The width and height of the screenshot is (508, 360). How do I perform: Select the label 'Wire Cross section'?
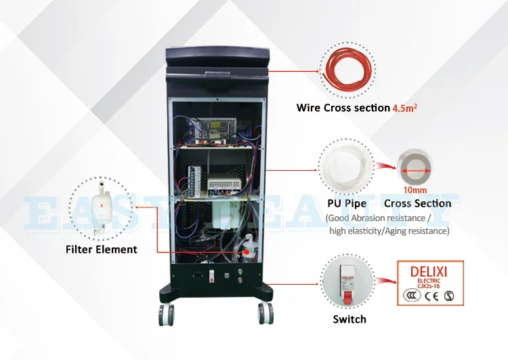(x=343, y=108)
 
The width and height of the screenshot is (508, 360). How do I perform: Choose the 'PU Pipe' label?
(x=347, y=203)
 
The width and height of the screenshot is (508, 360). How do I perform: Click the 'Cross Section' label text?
(x=417, y=203)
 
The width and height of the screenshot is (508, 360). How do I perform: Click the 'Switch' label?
(x=350, y=319)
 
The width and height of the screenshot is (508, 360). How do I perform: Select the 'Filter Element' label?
(x=102, y=249)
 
